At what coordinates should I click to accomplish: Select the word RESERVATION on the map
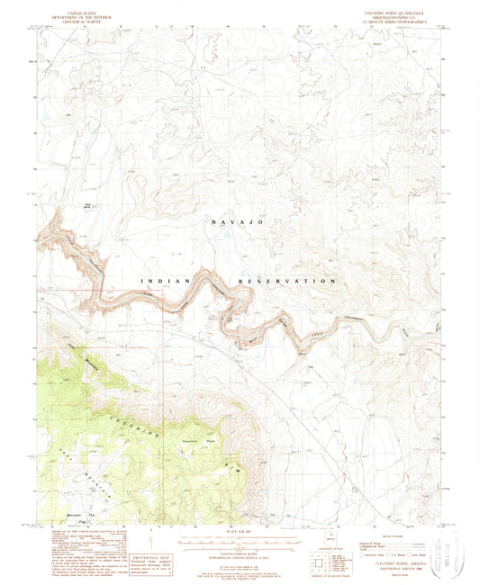coord(287,282)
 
